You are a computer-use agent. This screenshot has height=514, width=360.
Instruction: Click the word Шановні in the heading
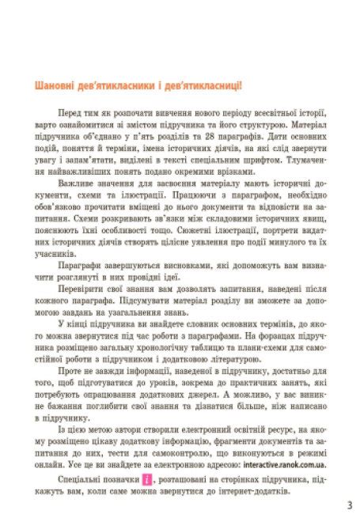point(46,85)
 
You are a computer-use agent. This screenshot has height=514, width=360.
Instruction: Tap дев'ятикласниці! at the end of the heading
point(202,85)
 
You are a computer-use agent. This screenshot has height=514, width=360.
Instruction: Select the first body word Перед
point(69,113)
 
